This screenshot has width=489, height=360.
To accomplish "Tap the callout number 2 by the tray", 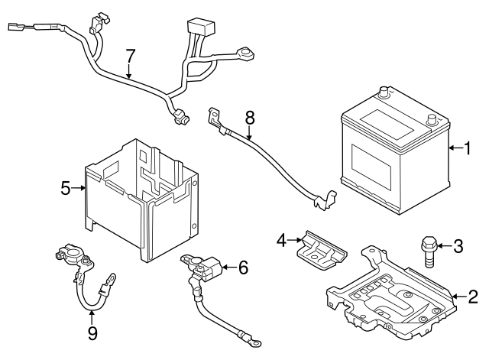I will (x=474, y=297).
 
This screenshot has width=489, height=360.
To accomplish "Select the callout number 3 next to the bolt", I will (x=458, y=245).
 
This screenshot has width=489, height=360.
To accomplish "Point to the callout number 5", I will (x=66, y=186).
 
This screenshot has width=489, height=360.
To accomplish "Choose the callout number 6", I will (x=243, y=268).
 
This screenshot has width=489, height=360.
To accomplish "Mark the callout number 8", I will (x=249, y=118).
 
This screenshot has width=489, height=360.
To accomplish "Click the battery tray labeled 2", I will (x=390, y=294).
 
